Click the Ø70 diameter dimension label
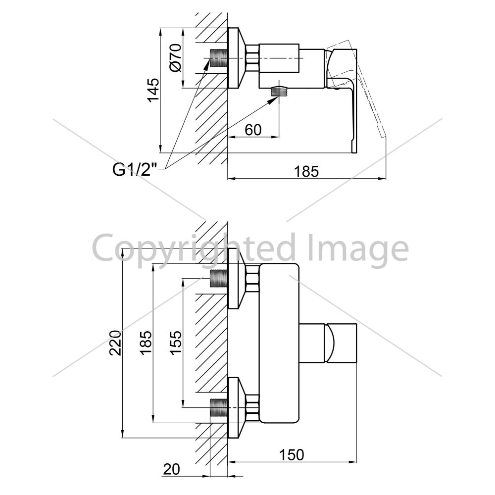click(x=176, y=58)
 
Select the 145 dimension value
click(x=153, y=90)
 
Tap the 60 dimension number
click(x=253, y=130)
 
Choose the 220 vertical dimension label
click(x=115, y=343)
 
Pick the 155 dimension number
click(x=176, y=343)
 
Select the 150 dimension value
click(x=292, y=455)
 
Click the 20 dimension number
click(x=171, y=469)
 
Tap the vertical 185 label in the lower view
click(x=146, y=343)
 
